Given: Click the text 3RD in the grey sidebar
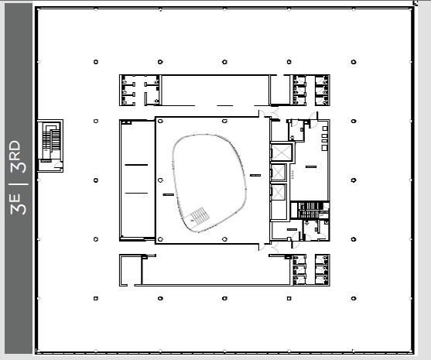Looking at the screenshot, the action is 19,156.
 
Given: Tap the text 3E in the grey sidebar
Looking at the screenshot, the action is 19,204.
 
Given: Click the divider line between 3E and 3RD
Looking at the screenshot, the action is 19,183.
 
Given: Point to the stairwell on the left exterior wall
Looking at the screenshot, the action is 50,146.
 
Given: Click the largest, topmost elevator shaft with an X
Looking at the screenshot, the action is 281,152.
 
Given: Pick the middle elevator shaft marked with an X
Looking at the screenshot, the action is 278,173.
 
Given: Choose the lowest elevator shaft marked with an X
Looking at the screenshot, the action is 278,193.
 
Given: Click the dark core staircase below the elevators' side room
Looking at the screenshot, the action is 310,211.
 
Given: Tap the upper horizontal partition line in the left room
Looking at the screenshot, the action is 136,165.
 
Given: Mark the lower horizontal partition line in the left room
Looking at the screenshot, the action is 136,193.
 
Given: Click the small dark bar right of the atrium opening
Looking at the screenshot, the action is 255,175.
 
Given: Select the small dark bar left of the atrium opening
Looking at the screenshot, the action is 169,195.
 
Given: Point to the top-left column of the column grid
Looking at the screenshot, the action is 96,62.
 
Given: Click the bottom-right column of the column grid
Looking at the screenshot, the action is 354,298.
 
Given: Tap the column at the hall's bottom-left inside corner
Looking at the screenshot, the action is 160,239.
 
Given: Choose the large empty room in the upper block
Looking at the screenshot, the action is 215,91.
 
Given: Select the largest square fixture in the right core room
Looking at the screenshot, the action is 324,148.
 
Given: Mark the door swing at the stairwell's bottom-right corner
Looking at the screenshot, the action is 59,164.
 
